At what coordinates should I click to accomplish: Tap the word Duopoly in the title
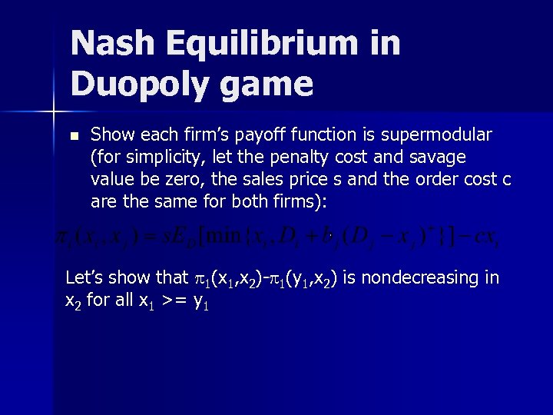click(135, 85)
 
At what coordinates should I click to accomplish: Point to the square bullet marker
click(74, 136)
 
